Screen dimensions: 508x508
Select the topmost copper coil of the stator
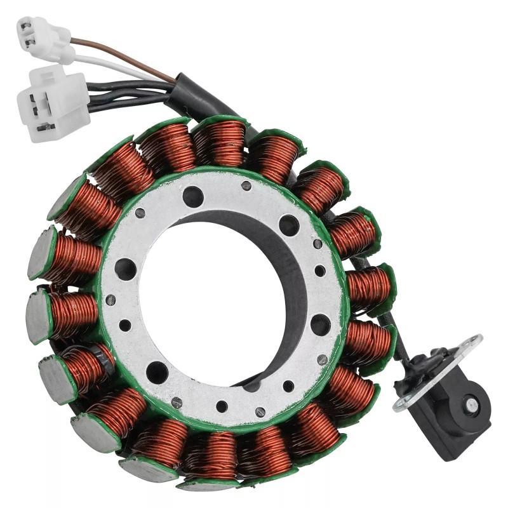coord(218,144)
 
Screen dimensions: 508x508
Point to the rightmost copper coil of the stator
coord(368,286)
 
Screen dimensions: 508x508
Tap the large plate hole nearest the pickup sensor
coord(320,324)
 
